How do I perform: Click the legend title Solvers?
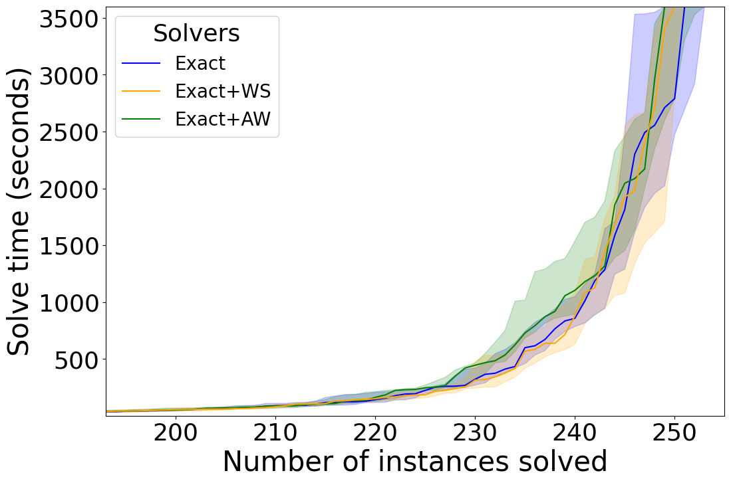(196, 33)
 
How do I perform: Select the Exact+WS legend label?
(222, 91)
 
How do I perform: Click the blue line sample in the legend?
(141, 64)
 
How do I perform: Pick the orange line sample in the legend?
(141, 92)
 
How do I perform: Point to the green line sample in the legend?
(141, 120)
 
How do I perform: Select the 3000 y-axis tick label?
(69, 75)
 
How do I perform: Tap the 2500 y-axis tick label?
(69, 132)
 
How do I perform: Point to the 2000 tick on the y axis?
(69, 189)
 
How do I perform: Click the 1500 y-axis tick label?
(69, 246)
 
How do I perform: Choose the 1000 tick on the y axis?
(69, 303)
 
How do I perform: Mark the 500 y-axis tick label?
(77, 360)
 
